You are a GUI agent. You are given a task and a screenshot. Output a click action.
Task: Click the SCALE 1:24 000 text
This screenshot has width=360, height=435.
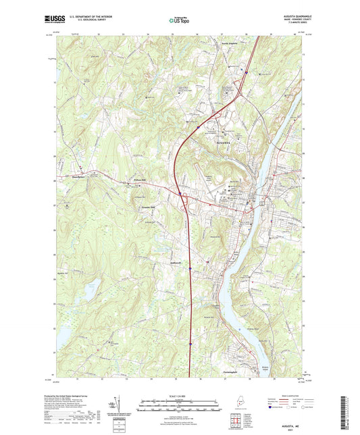coord(180,395)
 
